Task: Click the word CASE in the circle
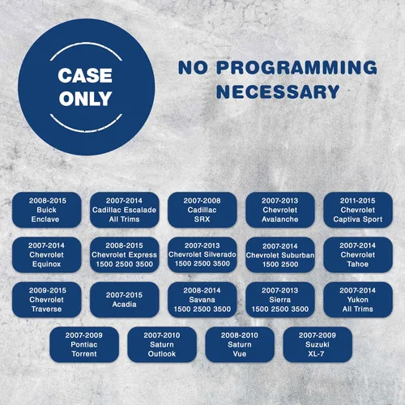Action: point(85,75)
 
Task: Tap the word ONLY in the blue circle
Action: point(85,98)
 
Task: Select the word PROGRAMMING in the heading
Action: point(296,67)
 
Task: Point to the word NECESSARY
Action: point(278,92)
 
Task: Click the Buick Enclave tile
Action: point(47,210)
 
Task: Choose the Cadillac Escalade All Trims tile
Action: point(125,210)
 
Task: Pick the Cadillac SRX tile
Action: point(202,210)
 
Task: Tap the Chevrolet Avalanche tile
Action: point(280,210)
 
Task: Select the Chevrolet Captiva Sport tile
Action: point(358,210)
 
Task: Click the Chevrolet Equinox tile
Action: point(47,254)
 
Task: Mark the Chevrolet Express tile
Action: point(125,254)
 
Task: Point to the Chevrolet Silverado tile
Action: point(202,254)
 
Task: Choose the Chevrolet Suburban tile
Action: point(280,254)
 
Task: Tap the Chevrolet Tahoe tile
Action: point(358,254)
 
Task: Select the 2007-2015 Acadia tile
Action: point(125,300)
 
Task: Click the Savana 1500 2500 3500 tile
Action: point(202,300)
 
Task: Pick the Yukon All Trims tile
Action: point(358,300)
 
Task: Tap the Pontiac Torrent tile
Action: point(84,344)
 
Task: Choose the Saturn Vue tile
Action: point(240,344)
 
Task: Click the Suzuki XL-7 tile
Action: point(318,344)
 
